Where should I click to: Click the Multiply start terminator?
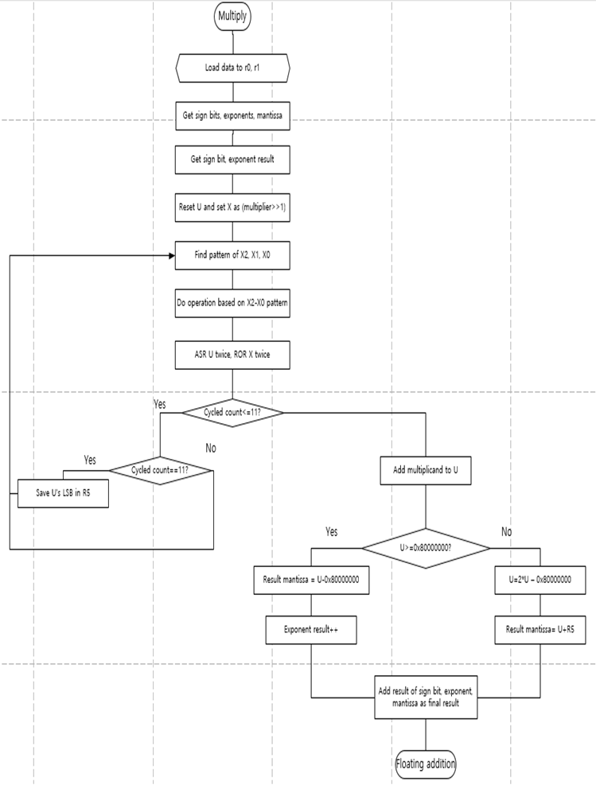232,15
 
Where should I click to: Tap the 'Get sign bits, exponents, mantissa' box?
232,116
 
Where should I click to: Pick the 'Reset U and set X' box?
232,208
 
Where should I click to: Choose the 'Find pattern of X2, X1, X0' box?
232,255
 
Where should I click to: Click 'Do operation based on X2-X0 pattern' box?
232,304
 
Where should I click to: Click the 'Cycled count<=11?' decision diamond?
232,412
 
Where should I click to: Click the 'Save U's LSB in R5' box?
63,492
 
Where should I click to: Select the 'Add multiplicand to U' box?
425,470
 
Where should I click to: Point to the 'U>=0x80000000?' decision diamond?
425,547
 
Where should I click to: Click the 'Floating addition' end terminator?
425,764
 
